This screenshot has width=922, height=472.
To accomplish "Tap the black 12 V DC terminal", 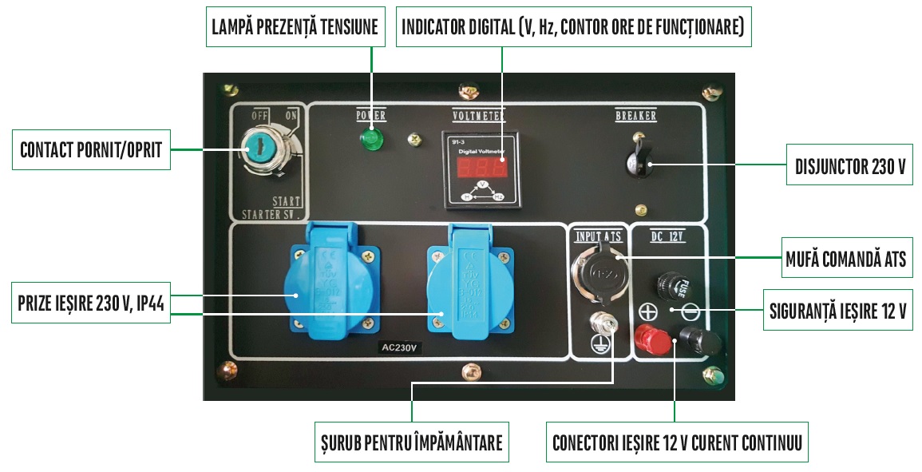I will click(697, 342).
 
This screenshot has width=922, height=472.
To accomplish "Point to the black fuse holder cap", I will click(669, 284).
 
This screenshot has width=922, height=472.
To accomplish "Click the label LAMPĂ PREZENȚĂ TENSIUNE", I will click(295, 27).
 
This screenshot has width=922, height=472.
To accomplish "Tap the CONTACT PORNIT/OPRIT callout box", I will click(92, 149).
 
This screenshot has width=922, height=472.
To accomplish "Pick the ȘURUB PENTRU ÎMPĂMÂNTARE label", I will click(410, 442).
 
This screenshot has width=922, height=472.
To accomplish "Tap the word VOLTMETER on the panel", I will click(477, 115).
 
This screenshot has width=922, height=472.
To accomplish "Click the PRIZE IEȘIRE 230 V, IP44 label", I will click(92, 306).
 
